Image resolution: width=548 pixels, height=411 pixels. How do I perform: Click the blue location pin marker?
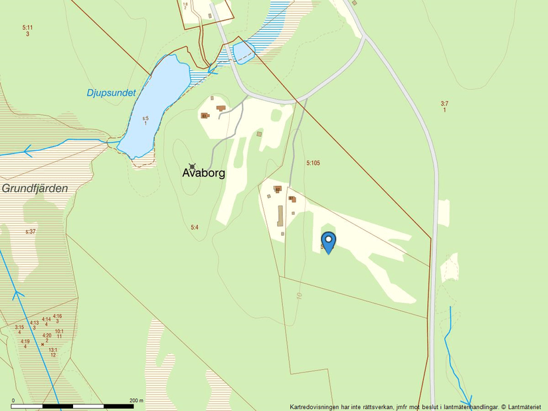[328, 242]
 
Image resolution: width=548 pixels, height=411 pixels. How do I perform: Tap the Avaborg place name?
[204, 173]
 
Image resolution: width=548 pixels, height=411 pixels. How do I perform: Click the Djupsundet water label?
[111, 93]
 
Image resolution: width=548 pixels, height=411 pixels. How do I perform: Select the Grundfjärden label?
[35, 189]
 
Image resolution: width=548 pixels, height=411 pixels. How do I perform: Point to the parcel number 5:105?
[314, 163]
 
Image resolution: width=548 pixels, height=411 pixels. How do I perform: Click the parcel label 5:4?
[195, 228]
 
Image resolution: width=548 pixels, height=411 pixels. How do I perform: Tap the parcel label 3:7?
[444, 103]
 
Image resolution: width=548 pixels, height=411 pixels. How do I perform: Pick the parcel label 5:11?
[27, 27]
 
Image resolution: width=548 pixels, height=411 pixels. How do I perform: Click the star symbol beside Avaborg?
[193, 165]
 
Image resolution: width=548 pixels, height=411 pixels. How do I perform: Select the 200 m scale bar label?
[136, 400]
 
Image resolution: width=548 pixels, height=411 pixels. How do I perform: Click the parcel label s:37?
[31, 231]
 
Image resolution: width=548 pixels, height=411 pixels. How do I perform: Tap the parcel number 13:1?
[53, 350]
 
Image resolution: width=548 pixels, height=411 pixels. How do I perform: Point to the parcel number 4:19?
[25, 341]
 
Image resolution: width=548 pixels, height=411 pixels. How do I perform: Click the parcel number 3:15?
[19, 327]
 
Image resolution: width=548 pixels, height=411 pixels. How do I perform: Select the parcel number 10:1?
[59, 331]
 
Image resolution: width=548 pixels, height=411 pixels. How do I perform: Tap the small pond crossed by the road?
[243, 52]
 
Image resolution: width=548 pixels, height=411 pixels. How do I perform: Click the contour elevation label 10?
[300, 295]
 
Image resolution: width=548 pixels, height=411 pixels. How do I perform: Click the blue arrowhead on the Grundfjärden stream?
[28, 151]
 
